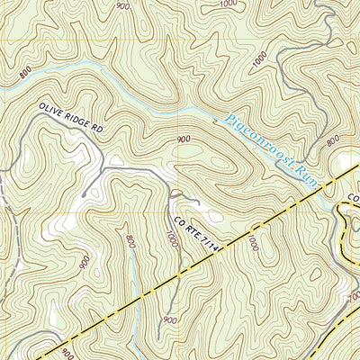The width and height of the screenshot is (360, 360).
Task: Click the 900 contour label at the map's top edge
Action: [122, 4]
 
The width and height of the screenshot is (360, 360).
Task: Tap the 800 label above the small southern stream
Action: [131, 241]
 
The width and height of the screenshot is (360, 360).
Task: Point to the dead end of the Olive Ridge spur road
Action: [83, 193]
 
